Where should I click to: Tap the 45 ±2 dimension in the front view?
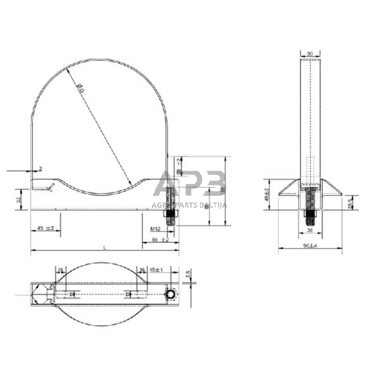coord(45,228)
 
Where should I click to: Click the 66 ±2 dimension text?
coord(160,240)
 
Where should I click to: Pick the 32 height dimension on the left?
coord(19,199)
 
